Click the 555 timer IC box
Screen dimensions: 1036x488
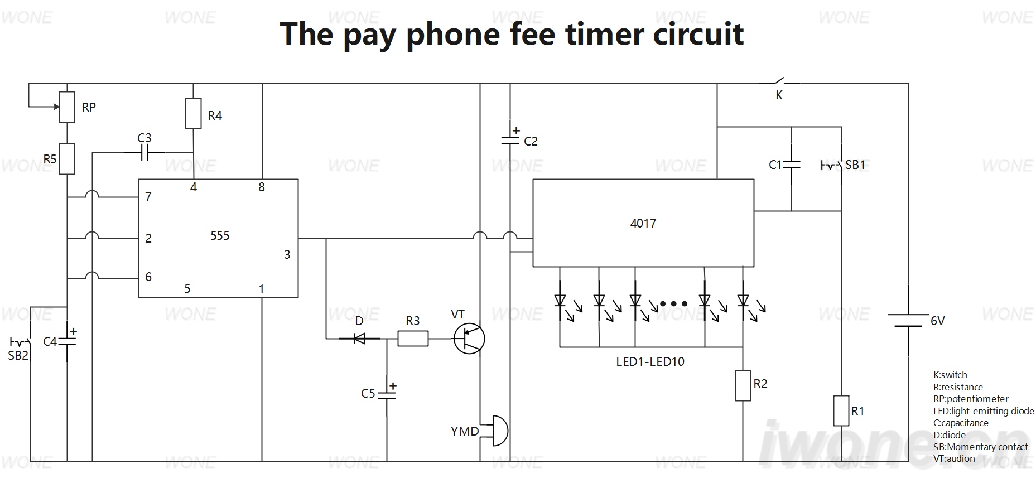[x=218, y=238]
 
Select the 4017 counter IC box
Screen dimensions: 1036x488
[x=643, y=223]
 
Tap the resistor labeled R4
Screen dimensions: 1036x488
[x=193, y=114]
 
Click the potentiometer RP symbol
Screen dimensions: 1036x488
[x=67, y=107]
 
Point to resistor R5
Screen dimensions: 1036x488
[x=67, y=159]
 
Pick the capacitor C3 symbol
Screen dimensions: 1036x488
[x=144, y=152]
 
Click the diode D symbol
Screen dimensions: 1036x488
[x=359, y=338]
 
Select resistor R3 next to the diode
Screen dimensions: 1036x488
[x=413, y=339]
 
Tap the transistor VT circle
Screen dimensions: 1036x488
[x=469, y=339]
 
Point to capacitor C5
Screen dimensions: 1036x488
[x=387, y=394]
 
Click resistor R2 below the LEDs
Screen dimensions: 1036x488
[x=743, y=385]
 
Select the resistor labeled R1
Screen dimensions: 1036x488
[x=841, y=410]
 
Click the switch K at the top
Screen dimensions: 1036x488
[x=779, y=82]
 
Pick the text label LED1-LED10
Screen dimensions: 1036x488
[x=650, y=361]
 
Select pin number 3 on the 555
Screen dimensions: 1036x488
[x=287, y=255]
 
